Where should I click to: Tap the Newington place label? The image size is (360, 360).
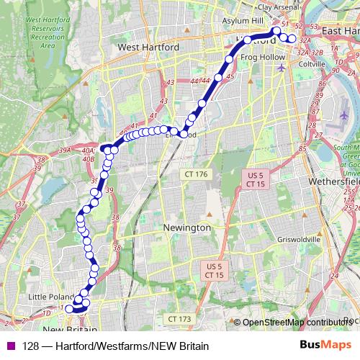click(187, 228)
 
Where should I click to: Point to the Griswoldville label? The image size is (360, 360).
click(279, 240)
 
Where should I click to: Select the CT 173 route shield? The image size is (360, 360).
click(179, 318)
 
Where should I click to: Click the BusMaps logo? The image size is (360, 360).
click(325, 345)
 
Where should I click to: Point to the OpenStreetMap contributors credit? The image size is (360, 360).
click(294, 323)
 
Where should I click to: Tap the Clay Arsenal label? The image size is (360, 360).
click(277, 7)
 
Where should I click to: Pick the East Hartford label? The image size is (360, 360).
click(340, 32)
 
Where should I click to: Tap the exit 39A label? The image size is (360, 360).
click(65, 150)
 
